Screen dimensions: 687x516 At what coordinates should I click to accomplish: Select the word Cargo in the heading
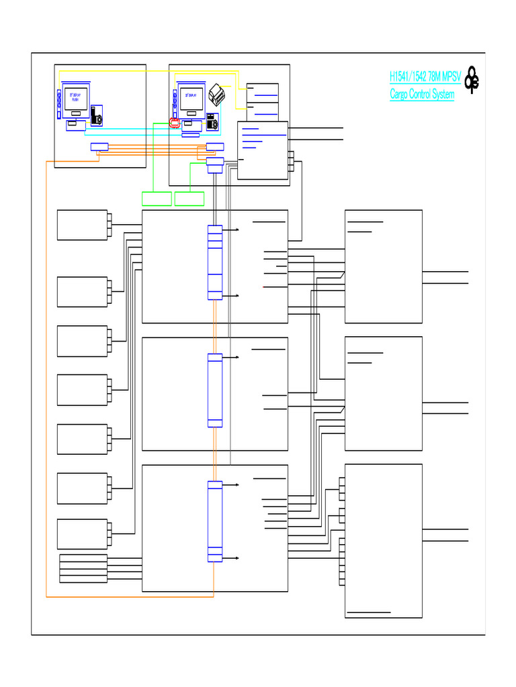tap(401, 95)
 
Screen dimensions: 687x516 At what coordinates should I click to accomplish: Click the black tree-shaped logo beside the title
tap(472, 81)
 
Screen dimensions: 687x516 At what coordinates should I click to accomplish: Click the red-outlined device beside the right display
tap(175, 123)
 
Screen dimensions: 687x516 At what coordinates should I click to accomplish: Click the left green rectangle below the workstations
tap(157, 199)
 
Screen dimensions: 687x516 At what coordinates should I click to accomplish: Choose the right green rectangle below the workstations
tap(189, 199)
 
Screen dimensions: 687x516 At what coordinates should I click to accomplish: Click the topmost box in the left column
tap(82, 225)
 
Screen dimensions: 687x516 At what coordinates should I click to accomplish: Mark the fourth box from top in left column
tap(82, 390)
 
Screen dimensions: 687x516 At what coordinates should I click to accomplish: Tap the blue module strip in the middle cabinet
tap(215, 390)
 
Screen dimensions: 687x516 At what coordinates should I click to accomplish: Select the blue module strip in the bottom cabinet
tap(215, 521)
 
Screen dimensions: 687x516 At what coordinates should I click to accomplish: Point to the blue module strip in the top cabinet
tap(215, 262)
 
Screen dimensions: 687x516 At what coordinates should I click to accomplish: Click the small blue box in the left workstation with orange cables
tap(99, 147)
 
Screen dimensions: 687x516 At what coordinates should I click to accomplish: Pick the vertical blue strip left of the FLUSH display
tap(59, 104)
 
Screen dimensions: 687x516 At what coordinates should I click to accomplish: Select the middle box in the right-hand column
tap(383, 394)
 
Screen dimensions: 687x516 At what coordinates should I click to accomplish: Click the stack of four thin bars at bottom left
tap(83, 569)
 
